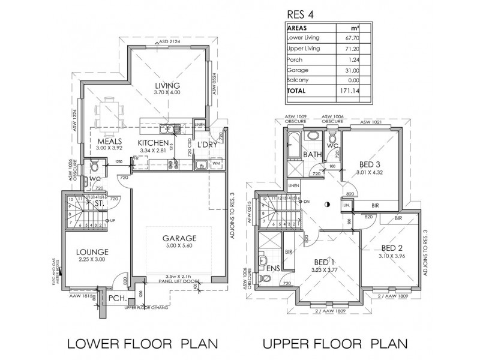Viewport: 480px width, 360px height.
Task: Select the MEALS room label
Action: [x=109, y=142]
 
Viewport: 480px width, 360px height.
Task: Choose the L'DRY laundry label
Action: [x=206, y=145]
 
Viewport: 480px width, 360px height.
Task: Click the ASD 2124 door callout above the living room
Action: [x=170, y=42]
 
